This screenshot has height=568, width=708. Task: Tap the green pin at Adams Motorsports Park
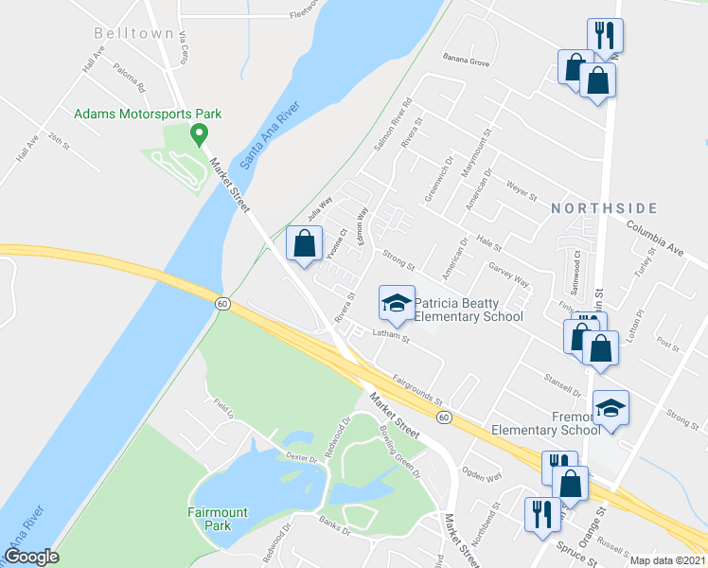click(200, 133)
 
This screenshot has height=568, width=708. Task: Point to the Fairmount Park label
click(218, 519)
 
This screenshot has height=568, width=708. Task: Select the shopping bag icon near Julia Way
click(303, 244)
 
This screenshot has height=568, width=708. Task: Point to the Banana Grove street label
click(466, 62)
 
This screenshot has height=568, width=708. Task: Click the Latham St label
click(389, 336)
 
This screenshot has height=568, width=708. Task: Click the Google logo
click(31, 557)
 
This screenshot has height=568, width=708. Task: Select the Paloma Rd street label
click(129, 76)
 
